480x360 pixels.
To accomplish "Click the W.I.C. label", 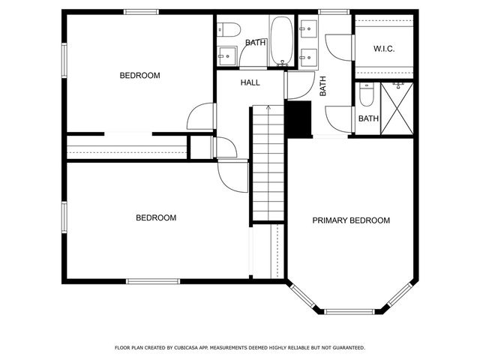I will pos(384,49).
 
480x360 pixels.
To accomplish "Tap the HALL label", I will pos(250,82).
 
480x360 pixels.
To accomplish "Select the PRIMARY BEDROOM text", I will pos(351,220).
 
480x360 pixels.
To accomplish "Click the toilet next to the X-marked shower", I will pos(366,96).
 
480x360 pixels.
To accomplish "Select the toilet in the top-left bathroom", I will pos(229,30).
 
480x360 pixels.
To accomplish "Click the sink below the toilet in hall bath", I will pos(226,55).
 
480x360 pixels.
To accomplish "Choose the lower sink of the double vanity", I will pos(306,54).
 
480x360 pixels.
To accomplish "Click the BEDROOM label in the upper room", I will pos(140,75).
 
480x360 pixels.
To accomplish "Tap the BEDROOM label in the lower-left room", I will pos(156,218).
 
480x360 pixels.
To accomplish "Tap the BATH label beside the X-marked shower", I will pos(368,118).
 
